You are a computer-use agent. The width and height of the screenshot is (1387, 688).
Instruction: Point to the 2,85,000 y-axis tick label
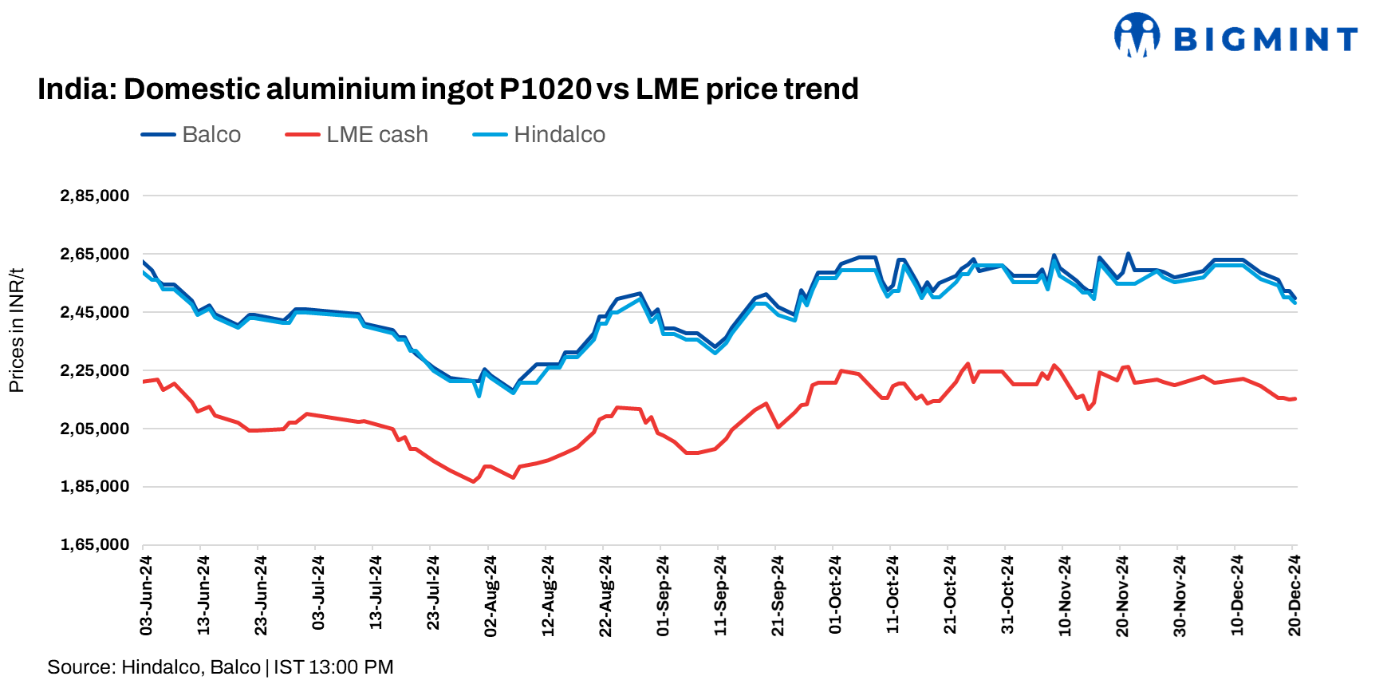94,196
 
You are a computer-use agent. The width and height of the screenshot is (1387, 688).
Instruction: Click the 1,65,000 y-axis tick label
94,544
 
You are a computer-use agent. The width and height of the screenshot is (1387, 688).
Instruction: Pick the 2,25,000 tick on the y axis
94,370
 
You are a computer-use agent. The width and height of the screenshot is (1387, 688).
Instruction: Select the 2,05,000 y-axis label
94,429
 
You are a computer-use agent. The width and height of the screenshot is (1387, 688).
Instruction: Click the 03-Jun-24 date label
146,595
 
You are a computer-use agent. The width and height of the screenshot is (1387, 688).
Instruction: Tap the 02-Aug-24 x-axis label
491,595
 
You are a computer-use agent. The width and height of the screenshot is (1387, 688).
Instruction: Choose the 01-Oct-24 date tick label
835,595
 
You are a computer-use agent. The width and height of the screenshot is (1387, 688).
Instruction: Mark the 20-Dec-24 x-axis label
1294,595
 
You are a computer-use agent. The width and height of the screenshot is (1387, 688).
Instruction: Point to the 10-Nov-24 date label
1065,595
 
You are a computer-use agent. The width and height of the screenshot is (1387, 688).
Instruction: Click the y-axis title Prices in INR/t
16,330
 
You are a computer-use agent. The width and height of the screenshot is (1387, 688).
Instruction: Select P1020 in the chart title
545,89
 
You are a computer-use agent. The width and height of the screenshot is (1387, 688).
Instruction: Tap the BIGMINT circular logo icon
1137,34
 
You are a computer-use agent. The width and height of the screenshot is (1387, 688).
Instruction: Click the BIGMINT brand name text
1265,39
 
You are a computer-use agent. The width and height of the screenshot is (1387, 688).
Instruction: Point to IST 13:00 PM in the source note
333,667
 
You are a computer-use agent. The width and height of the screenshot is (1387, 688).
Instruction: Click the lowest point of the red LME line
474,481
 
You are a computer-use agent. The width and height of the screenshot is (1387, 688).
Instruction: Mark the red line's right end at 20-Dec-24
1294,399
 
